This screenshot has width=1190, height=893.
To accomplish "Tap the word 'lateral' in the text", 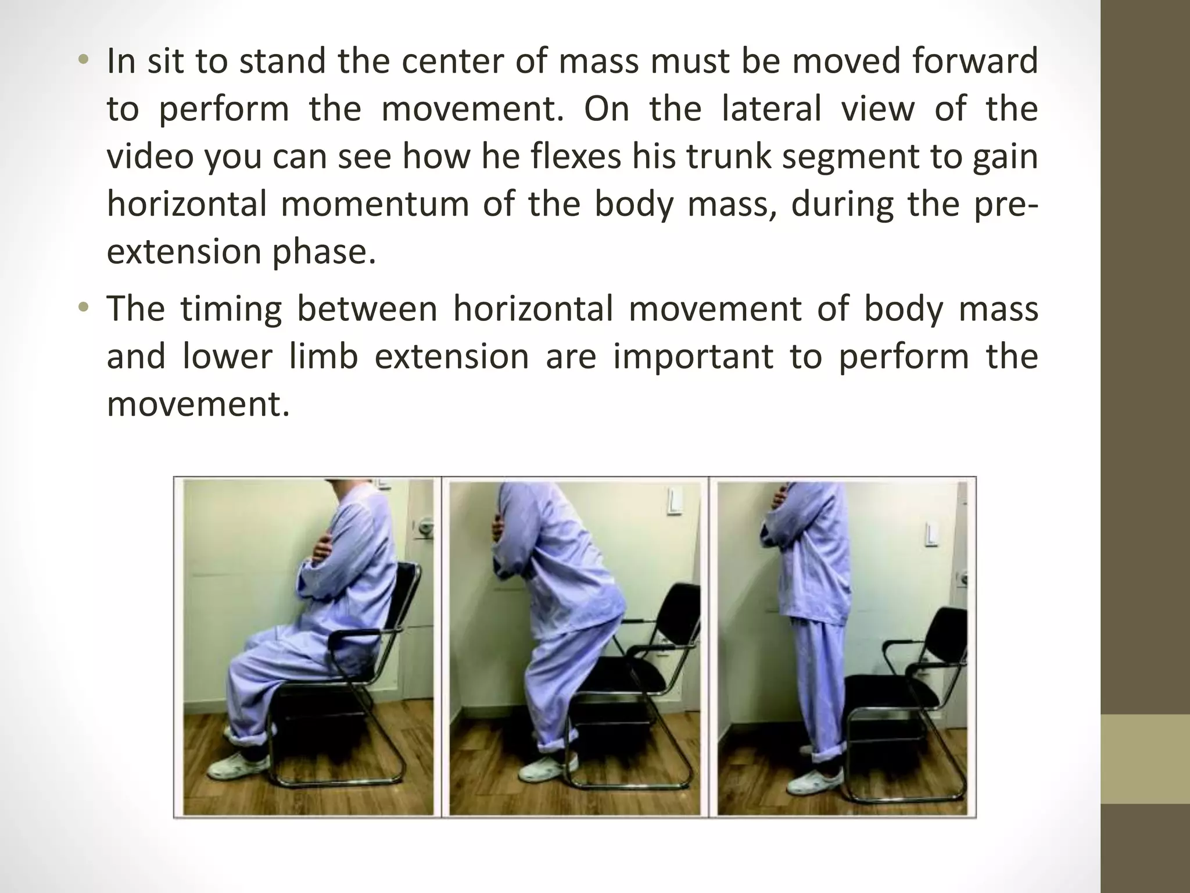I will pyautogui.click(x=771, y=109).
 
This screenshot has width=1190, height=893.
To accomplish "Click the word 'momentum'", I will pyautogui.click(x=375, y=204).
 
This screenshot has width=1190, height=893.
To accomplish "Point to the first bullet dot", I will pyautogui.click(x=84, y=60).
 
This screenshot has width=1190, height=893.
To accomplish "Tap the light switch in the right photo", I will pyautogui.click(x=931, y=535).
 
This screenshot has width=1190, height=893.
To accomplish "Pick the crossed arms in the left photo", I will pyautogui.click(x=318, y=552).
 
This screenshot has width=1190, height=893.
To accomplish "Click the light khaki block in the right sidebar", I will pyautogui.click(x=1145, y=759).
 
